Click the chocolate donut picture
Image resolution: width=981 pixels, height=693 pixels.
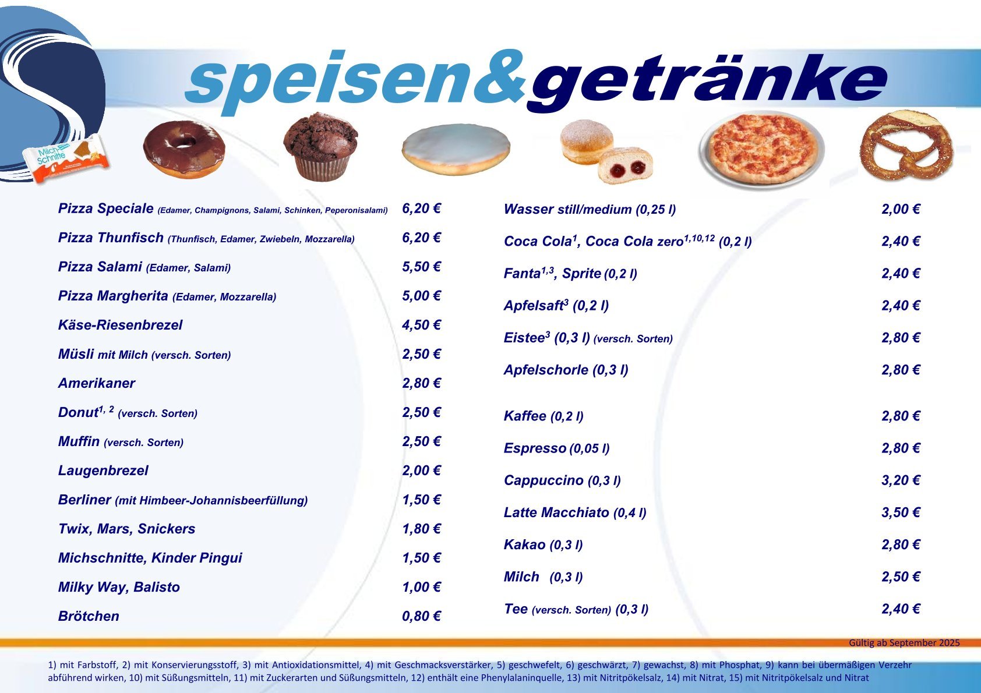coord(184,149)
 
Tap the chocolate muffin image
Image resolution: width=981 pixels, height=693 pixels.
coord(320,146)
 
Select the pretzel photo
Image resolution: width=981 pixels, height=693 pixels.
coord(906,145)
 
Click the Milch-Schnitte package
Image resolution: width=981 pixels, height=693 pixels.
coord(66,159)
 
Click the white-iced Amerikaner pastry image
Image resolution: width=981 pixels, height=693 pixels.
coord(456,149)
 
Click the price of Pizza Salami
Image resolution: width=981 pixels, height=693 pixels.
coord(421,267)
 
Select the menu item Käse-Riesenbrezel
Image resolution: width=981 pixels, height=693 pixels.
coord(120,325)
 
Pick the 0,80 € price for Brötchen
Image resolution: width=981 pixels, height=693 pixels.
coord(421,616)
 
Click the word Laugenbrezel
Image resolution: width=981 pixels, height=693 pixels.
coord(103,471)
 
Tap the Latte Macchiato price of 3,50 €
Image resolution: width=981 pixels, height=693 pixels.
coord(901,512)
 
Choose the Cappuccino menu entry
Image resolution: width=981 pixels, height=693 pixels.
coord(562,480)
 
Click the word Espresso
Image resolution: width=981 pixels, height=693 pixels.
coord(535,448)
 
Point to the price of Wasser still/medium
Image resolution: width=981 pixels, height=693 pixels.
coord(901,209)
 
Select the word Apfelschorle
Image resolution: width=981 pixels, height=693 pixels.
coord(546,370)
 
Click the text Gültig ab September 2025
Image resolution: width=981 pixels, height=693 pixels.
coord(904,643)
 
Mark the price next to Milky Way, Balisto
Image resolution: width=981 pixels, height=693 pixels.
coord(421,587)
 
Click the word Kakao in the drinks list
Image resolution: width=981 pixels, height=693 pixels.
coord(525,544)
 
